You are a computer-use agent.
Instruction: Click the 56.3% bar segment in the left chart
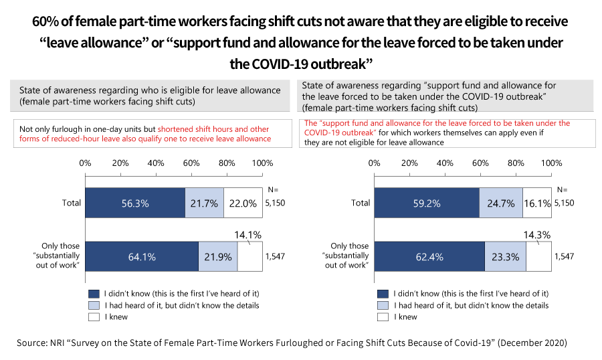point(135,203)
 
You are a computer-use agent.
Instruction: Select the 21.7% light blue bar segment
point(205,203)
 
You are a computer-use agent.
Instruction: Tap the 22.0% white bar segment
point(243,203)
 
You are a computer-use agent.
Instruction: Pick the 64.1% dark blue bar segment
point(142,256)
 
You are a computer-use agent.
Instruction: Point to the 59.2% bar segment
point(427,203)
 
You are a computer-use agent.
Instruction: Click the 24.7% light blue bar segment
point(502,203)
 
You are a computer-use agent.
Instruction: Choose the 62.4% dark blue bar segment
point(429,256)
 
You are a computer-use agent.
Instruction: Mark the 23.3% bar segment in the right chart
point(506,256)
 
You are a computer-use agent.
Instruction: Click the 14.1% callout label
point(247,234)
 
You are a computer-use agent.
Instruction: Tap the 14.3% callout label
point(536,234)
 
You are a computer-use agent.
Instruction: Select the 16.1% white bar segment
point(537,203)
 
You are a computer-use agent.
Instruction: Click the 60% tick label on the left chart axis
point(192,163)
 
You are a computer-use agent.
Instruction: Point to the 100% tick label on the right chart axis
point(551,163)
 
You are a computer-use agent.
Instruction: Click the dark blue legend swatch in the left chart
point(93,293)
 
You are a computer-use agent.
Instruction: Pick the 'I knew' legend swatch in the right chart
point(383,317)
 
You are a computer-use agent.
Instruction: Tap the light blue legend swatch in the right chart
point(383,305)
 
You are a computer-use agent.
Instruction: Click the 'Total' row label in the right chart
point(361,203)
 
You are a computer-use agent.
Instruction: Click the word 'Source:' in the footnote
point(31,343)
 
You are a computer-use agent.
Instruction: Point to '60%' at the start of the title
point(49,21)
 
